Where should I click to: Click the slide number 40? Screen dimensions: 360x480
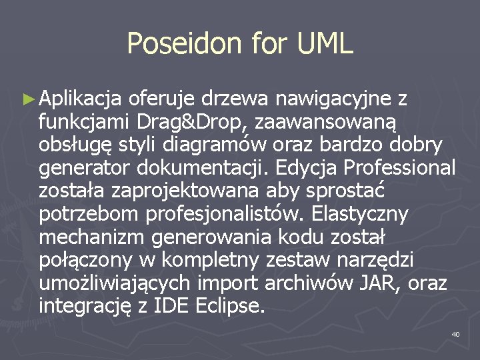(455, 333)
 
